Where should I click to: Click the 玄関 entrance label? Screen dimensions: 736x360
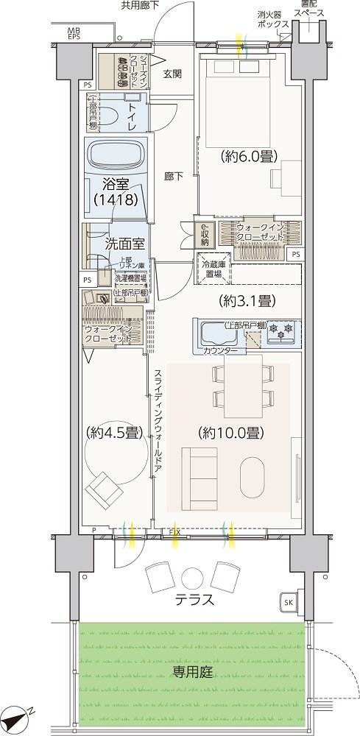[172, 73]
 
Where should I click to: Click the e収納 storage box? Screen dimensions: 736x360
[204, 233]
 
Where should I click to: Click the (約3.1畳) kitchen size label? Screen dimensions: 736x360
[247, 300]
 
